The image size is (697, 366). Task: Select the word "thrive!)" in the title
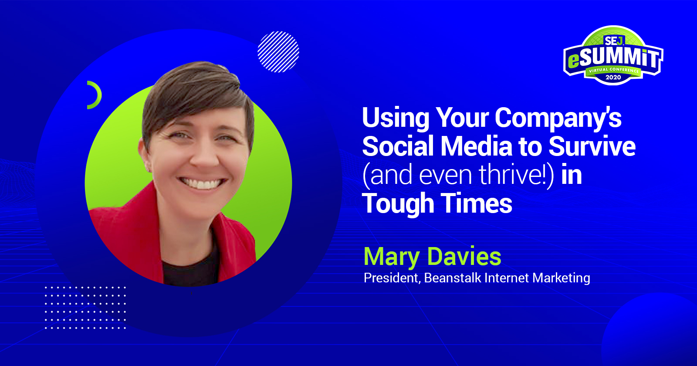click(x=517, y=175)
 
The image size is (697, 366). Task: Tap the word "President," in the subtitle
click(x=392, y=278)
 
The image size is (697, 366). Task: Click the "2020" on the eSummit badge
click(x=613, y=78)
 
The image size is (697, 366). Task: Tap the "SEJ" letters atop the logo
click(x=613, y=41)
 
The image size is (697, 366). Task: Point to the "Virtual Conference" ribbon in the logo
click(x=614, y=70)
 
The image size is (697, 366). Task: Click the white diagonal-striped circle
click(x=278, y=52)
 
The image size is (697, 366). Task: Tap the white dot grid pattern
click(x=85, y=307)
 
